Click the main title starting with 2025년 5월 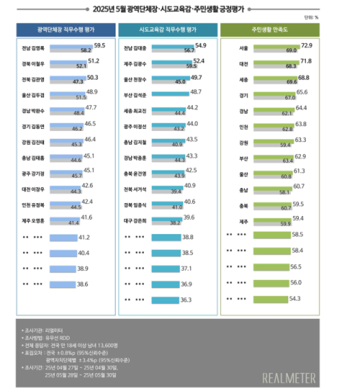coord(181,9)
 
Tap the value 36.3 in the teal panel coord(186,299)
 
